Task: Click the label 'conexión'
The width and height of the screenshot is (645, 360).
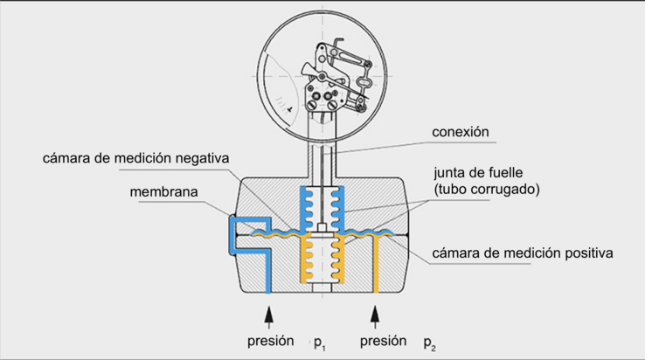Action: (x=460, y=134)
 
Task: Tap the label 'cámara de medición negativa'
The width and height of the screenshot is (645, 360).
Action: (x=135, y=159)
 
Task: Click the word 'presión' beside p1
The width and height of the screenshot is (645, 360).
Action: (x=271, y=340)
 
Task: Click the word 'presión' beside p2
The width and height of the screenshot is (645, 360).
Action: (x=383, y=340)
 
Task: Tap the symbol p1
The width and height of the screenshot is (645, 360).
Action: (x=320, y=342)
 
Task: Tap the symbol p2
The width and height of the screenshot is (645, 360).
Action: (x=428, y=342)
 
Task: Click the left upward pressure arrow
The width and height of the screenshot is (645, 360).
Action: (x=269, y=312)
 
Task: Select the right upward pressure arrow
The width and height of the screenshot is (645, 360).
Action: (x=376, y=312)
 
